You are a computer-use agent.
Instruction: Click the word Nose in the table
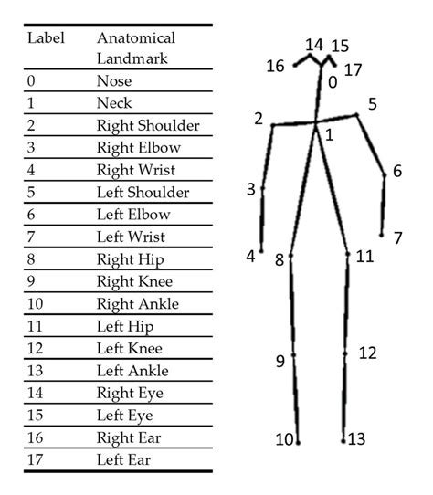(113, 81)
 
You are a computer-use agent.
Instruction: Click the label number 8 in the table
(32, 258)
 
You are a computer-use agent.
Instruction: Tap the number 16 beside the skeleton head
(276, 65)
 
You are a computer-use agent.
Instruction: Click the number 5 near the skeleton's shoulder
(373, 104)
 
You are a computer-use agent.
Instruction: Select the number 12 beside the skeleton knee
(367, 353)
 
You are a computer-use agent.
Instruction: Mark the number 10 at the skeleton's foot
(284, 440)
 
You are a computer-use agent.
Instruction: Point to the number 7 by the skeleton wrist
(398, 238)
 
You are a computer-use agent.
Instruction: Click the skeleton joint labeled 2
(272, 125)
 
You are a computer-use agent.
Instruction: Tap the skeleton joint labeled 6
(385, 174)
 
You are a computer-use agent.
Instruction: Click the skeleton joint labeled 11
(348, 255)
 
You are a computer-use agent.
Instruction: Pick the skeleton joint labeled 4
(261, 250)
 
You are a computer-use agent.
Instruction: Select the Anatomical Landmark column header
(135, 47)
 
